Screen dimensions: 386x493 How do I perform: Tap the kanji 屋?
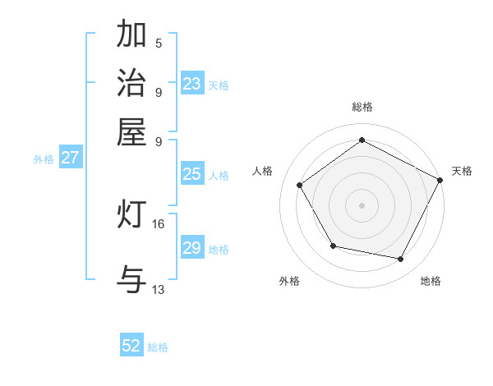131,131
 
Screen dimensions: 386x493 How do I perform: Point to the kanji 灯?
131,215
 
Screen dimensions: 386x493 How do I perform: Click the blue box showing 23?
192,84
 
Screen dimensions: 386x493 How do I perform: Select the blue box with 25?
192,174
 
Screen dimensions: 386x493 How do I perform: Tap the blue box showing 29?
192,248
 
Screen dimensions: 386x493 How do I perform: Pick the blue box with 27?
70,158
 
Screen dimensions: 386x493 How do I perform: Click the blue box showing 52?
131,346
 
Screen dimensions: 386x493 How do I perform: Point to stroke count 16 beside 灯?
159,223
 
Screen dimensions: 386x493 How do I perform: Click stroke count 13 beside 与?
159,289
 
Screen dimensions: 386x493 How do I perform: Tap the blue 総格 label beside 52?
158,347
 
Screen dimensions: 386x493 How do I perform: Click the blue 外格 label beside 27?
44,159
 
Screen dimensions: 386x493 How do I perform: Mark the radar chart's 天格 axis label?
462,171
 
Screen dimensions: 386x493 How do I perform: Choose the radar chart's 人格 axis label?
263,171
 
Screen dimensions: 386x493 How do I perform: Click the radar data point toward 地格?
401,260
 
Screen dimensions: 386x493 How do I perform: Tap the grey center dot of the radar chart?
362,204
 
